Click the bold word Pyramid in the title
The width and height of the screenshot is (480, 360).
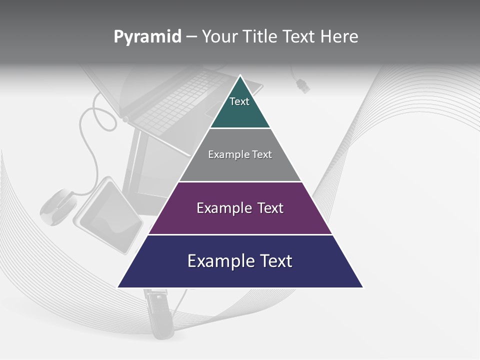click(147, 36)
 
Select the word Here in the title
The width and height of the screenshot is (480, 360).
click(339, 36)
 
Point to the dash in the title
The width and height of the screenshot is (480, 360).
click(191, 37)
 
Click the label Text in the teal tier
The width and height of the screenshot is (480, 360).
click(239, 101)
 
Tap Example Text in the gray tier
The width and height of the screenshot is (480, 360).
click(240, 154)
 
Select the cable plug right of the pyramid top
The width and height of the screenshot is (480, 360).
click(302, 85)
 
